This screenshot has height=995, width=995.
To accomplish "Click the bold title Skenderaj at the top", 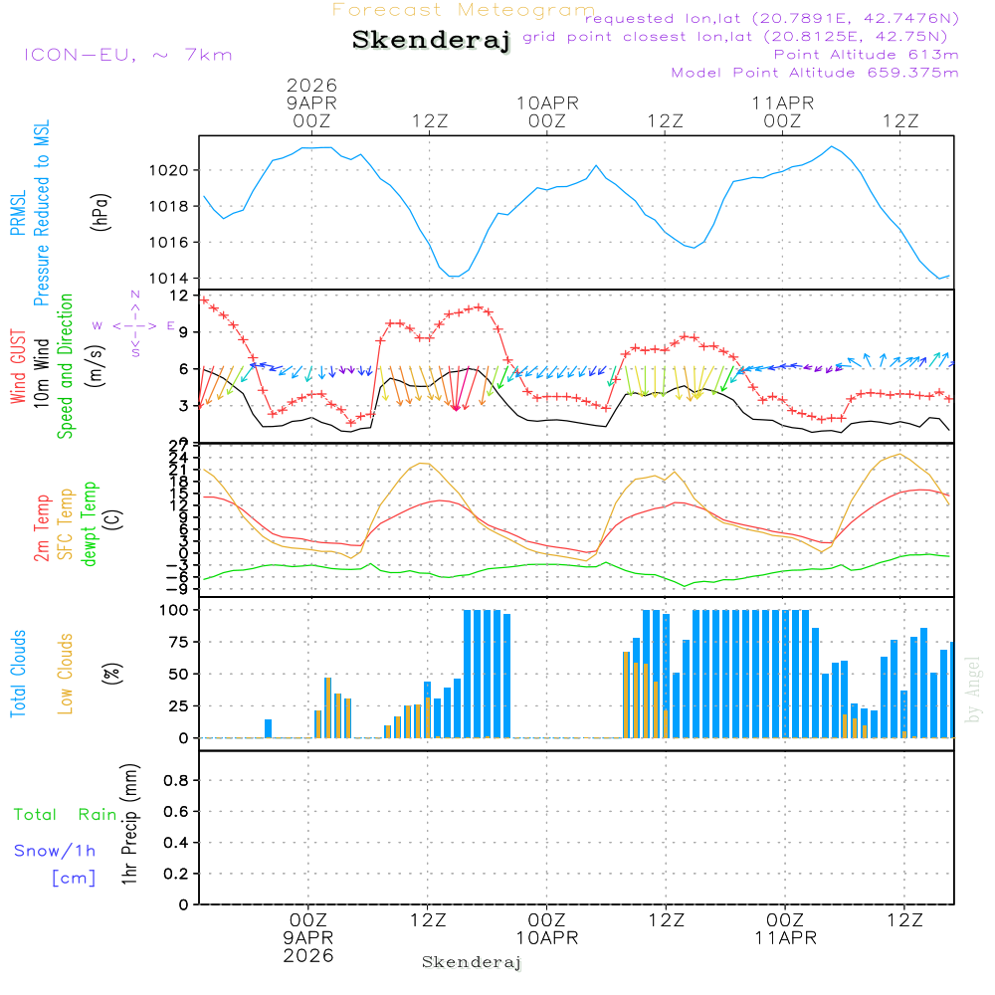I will pyautogui.click(x=431, y=41).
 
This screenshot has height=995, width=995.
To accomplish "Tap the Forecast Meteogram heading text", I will pyautogui.click(x=464, y=10).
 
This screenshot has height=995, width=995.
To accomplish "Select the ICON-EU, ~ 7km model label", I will pyautogui.click(x=127, y=54).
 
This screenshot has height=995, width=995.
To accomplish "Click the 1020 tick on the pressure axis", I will pyautogui.click(x=174, y=170).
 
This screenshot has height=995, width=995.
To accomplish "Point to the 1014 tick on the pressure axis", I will pyautogui.click(x=174, y=279).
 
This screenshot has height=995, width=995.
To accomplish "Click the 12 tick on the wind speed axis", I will pyautogui.click(x=179, y=297).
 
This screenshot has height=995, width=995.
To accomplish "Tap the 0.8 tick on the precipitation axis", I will pyautogui.click(x=176, y=781).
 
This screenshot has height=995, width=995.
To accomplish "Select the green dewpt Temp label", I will pyautogui.click(x=90, y=524).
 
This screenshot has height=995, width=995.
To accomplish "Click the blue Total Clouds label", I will pyautogui.click(x=19, y=674).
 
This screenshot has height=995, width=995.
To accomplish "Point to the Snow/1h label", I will pyautogui.click(x=55, y=851).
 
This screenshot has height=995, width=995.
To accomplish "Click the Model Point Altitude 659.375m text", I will pyautogui.click(x=815, y=73).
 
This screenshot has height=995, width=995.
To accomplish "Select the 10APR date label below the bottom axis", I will pyautogui.click(x=546, y=938).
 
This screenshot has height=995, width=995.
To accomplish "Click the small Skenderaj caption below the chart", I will pyautogui.click(x=472, y=962).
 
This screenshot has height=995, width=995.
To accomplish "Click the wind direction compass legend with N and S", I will pyautogui.click(x=134, y=325).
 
